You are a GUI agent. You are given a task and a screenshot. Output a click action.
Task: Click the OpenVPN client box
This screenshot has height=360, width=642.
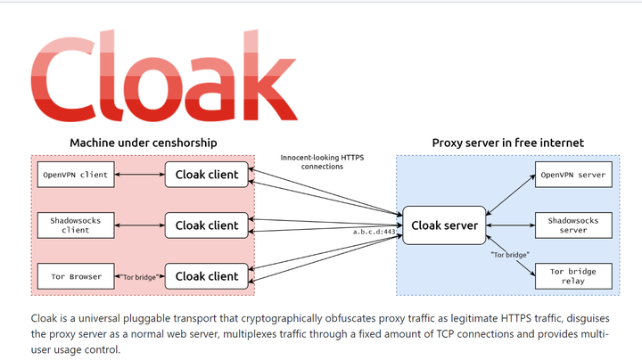pyautogui.click(x=75, y=175)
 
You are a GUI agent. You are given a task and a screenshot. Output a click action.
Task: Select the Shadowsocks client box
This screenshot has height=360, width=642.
pyautogui.click(x=75, y=225)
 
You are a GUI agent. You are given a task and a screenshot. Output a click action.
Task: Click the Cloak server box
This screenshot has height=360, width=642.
pyautogui.click(x=445, y=225)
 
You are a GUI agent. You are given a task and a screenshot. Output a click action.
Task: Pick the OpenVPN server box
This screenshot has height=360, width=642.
pyautogui.click(x=572, y=175)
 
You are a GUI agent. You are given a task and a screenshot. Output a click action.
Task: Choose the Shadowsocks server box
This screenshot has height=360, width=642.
pyautogui.click(x=572, y=225)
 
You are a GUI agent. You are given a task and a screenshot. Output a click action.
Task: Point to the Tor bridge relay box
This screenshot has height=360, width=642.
pyautogui.click(x=572, y=276)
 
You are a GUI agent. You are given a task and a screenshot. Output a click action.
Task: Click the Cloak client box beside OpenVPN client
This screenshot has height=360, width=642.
pyautogui.click(x=207, y=175)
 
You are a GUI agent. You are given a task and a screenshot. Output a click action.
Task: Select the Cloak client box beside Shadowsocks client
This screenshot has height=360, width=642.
pyautogui.click(x=207, y=225)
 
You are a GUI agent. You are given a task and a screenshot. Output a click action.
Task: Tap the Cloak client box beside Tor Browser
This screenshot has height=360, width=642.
pyautogui.click(x=207, y=276)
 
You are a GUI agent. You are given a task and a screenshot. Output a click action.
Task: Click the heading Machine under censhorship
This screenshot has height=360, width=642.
pyautogui.click(x=144, y=143)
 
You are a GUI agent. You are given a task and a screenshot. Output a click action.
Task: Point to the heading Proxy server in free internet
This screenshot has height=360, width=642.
pyautogui.click(x=507, y=143)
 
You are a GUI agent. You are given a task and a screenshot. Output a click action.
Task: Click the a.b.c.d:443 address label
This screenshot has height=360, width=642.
pyautogui.click(x=374, y=232)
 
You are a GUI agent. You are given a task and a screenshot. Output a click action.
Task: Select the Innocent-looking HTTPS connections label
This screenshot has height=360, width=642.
pyautogui.click(x=322, y=161)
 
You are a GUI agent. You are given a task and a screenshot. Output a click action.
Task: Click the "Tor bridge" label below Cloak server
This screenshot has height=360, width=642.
pyautogui.click(x=510, y=255)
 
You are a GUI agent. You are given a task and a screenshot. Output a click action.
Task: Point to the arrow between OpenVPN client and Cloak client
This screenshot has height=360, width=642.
pyautogui.click(x=138, y=175)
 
